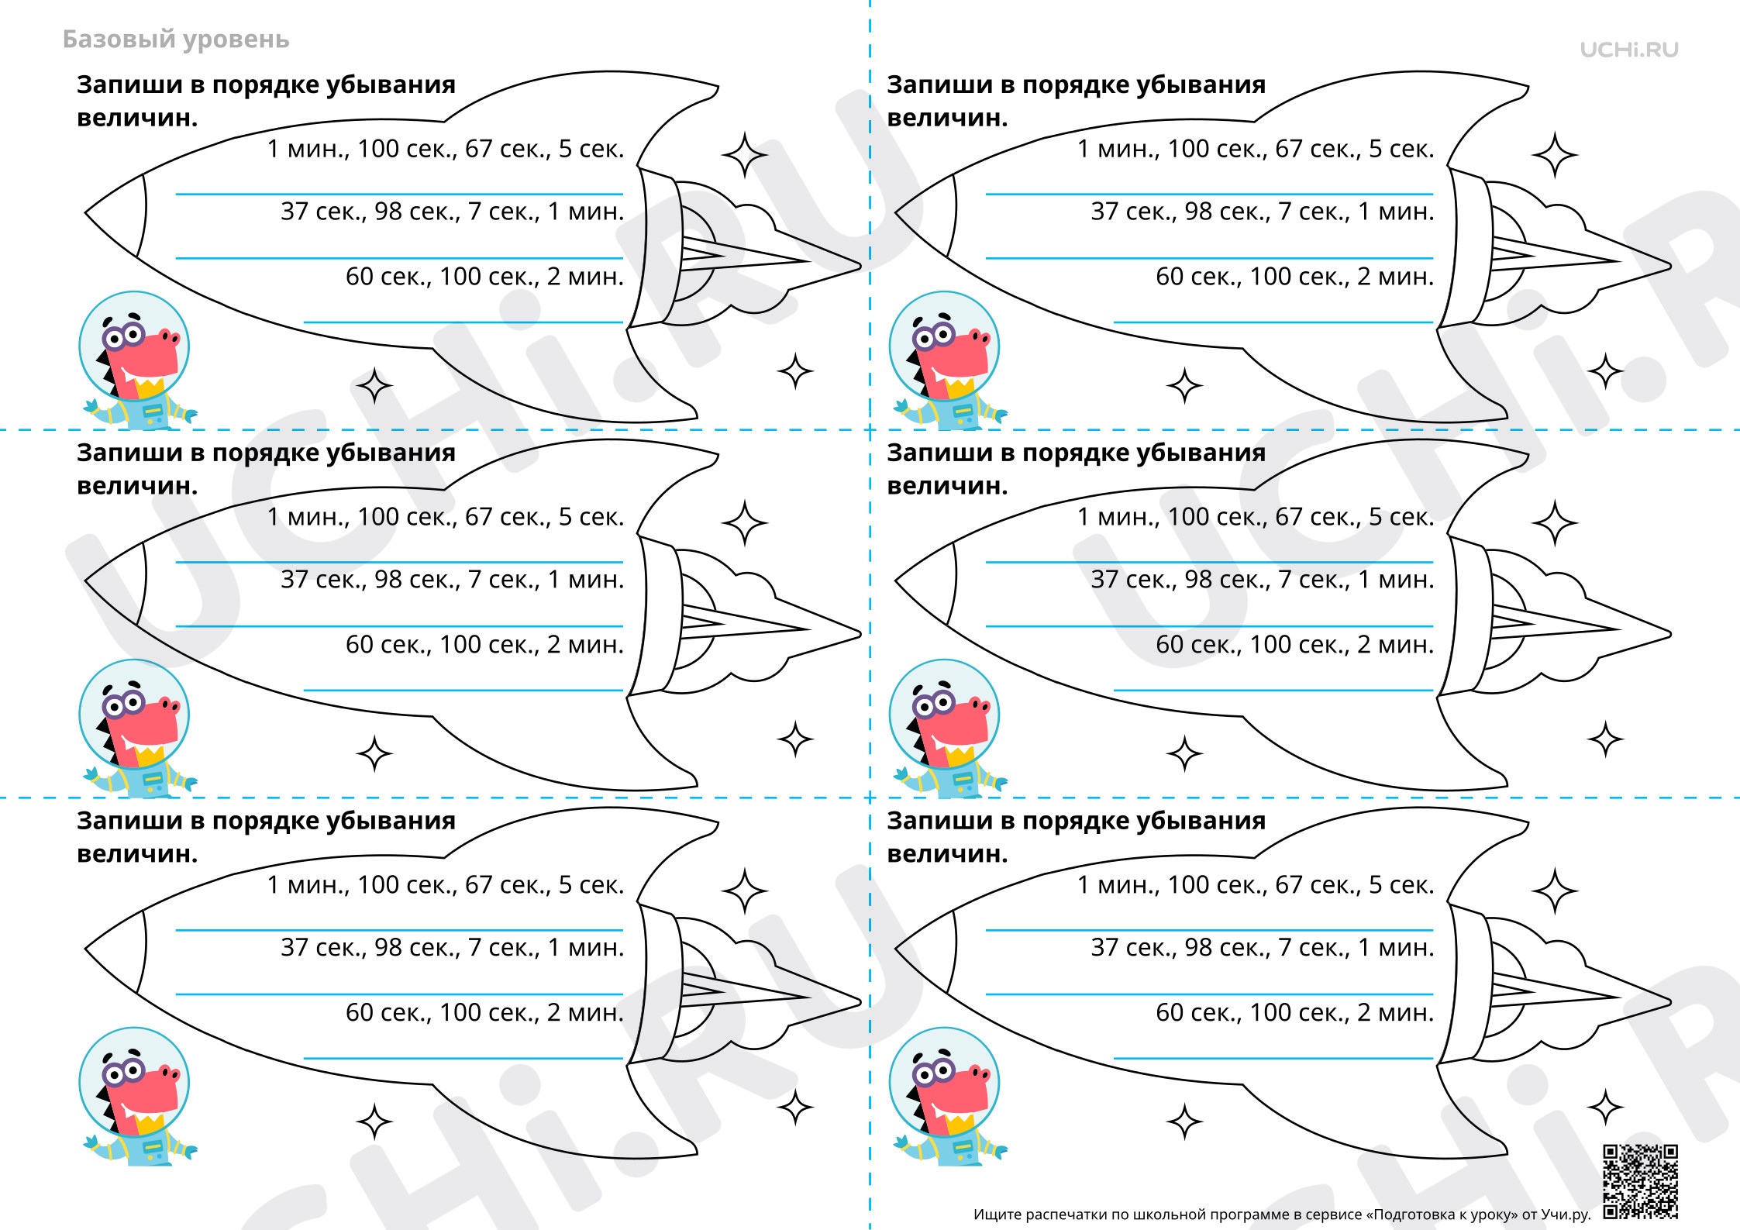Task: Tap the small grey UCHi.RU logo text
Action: coord(1629,50)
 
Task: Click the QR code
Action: coord(1640,1181)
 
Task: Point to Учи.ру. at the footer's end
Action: coord(1565,1215)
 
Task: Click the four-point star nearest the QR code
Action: coord(1605,1107)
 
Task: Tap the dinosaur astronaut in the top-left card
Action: coord(136,361)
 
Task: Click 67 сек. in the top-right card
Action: coord(1318,149)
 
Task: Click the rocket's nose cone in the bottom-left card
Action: coord(115,950)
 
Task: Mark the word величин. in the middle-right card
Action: coord(947,486)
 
